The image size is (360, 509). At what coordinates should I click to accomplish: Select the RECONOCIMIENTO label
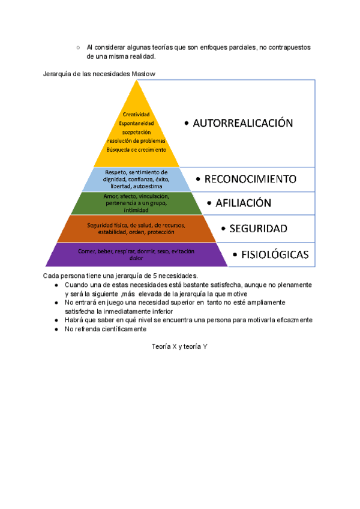(250, 179)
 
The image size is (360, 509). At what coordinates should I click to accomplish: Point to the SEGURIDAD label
(258, 228)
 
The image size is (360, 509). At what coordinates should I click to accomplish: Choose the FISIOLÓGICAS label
(275, 254)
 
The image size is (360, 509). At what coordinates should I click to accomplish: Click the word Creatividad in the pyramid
(136, 115)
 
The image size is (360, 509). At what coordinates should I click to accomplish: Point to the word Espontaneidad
(137, 124)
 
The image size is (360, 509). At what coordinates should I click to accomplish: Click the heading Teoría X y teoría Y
(179, 347)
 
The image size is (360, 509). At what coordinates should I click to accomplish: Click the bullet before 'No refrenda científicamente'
(56, 330)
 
